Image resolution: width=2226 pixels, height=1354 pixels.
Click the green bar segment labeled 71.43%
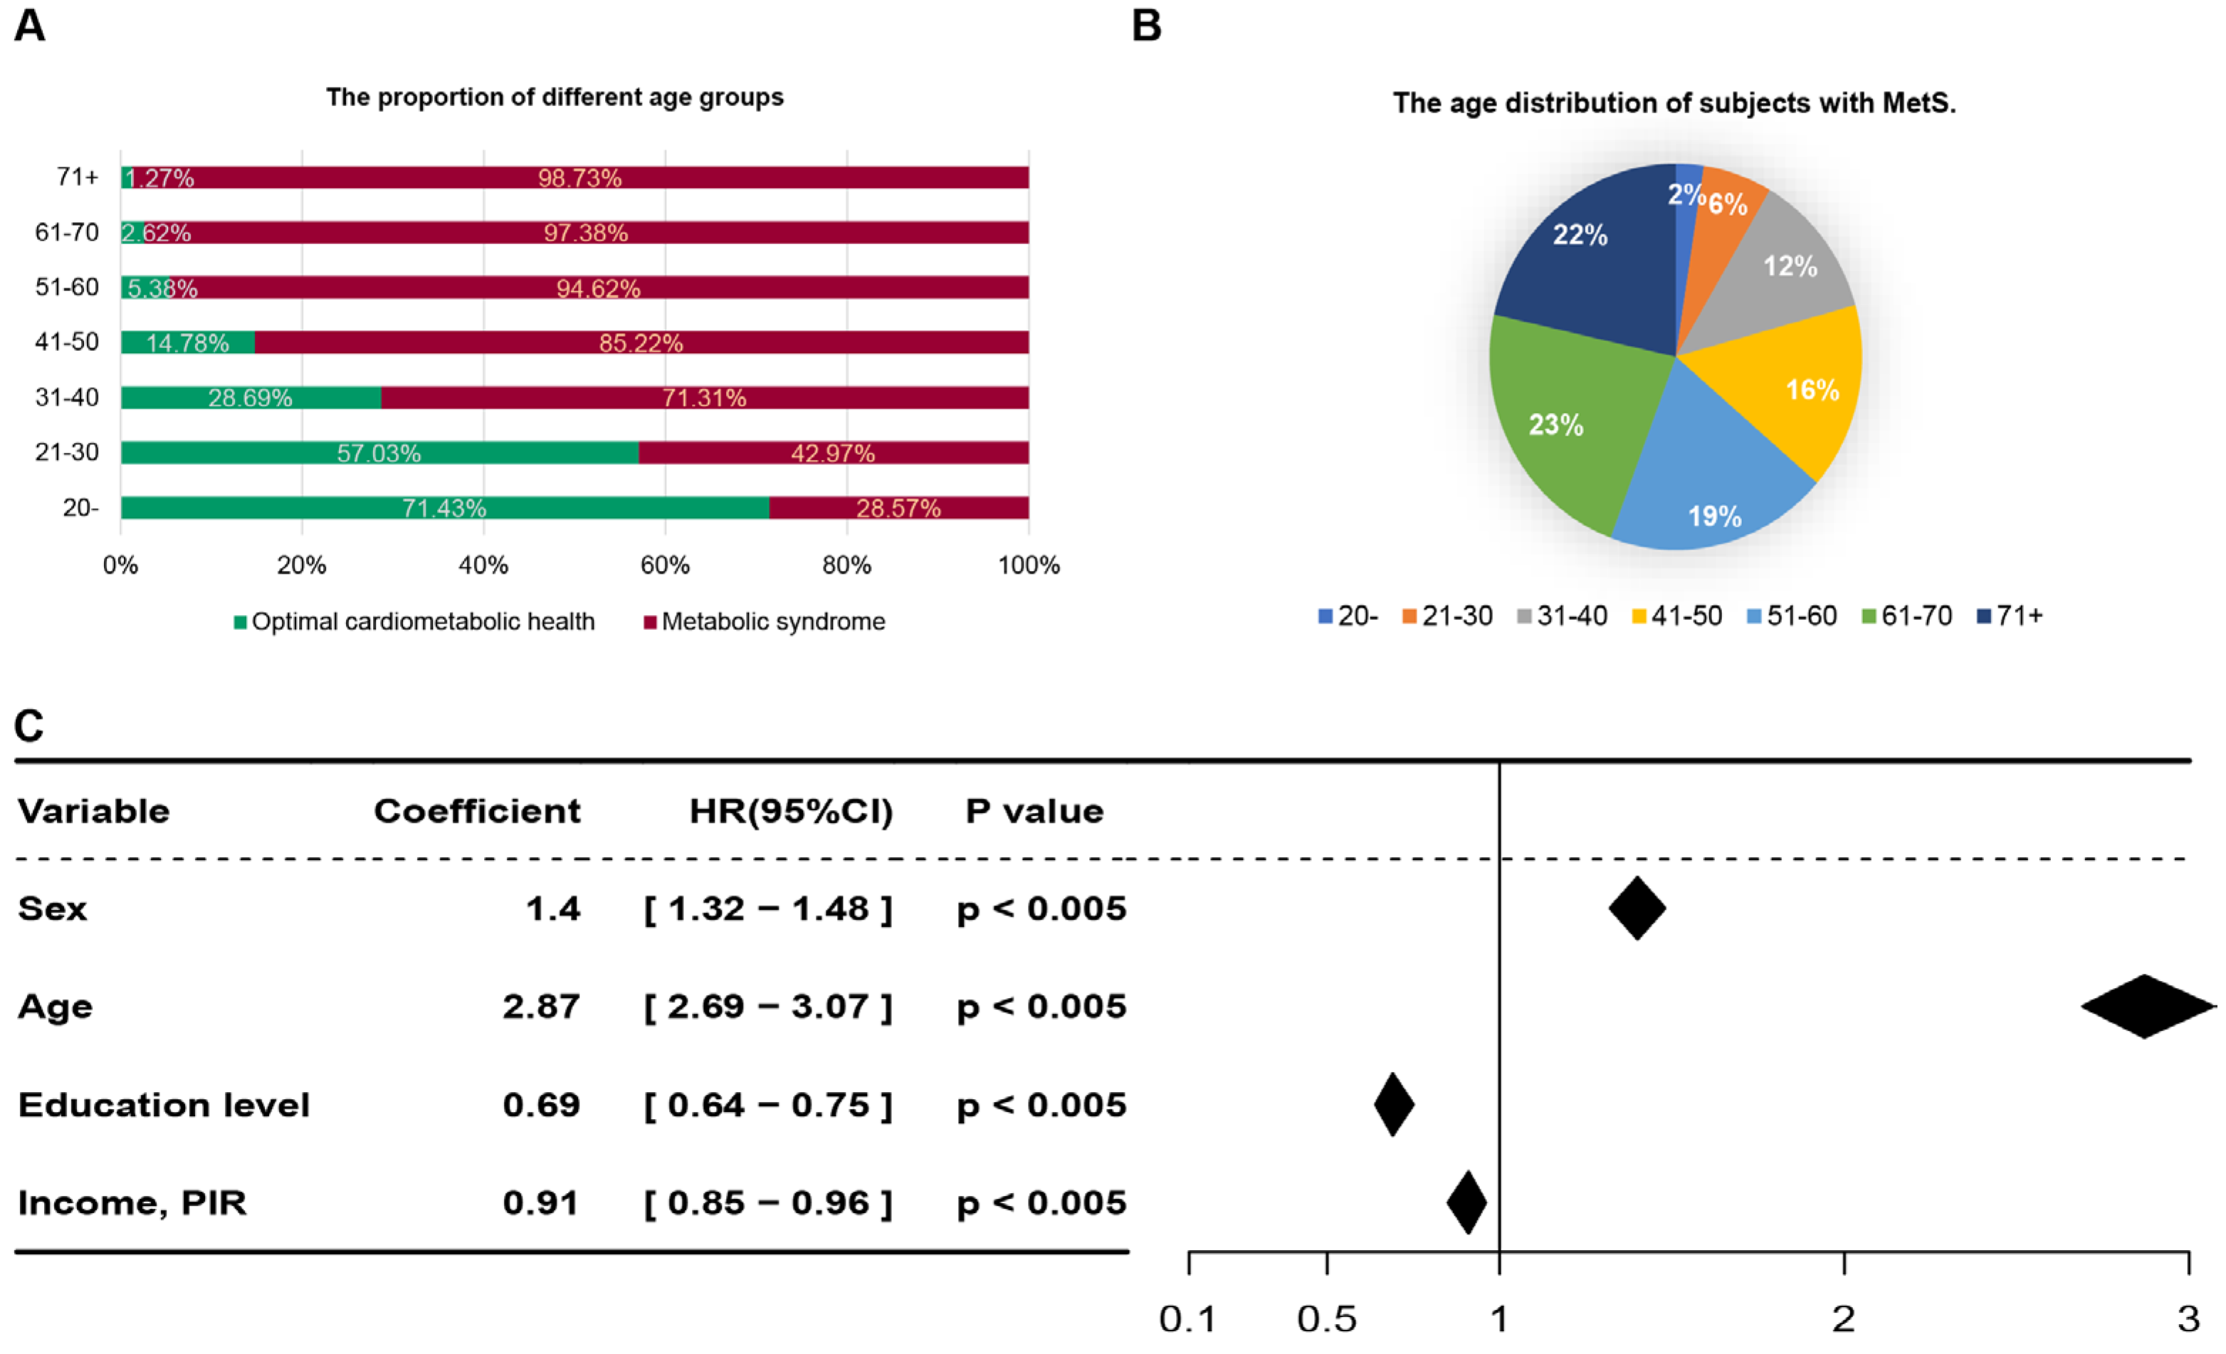[x=443, y=508]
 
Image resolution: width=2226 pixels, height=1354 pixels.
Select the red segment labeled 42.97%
[x=832, y=453]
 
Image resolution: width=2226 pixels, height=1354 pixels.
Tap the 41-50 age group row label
[x=67, y=342]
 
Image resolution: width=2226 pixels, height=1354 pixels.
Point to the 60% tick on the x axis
[x=665, y=565]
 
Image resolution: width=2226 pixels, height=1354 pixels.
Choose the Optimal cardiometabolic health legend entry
[x=415, y=621]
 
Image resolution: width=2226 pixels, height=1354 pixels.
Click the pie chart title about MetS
[x=1674, y=103]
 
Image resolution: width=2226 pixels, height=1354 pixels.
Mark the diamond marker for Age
[x=2146, y=1006]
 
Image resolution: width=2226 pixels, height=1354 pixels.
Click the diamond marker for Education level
[x=1394, y=1104]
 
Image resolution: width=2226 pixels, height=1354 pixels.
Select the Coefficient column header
[x=477, y=811]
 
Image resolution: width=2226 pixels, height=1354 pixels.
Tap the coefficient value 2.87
[x=541, y=1006]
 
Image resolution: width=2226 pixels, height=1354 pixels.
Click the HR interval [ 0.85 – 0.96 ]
[x=768, y=1202]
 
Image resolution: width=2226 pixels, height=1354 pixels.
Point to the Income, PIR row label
[x=132, y=1202]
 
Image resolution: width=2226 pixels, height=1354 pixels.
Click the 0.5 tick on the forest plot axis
[x=1326, y=1320]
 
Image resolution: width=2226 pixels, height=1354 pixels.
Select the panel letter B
[x=1146, y=26]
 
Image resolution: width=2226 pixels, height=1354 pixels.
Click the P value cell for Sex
[x=1041, y=908]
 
